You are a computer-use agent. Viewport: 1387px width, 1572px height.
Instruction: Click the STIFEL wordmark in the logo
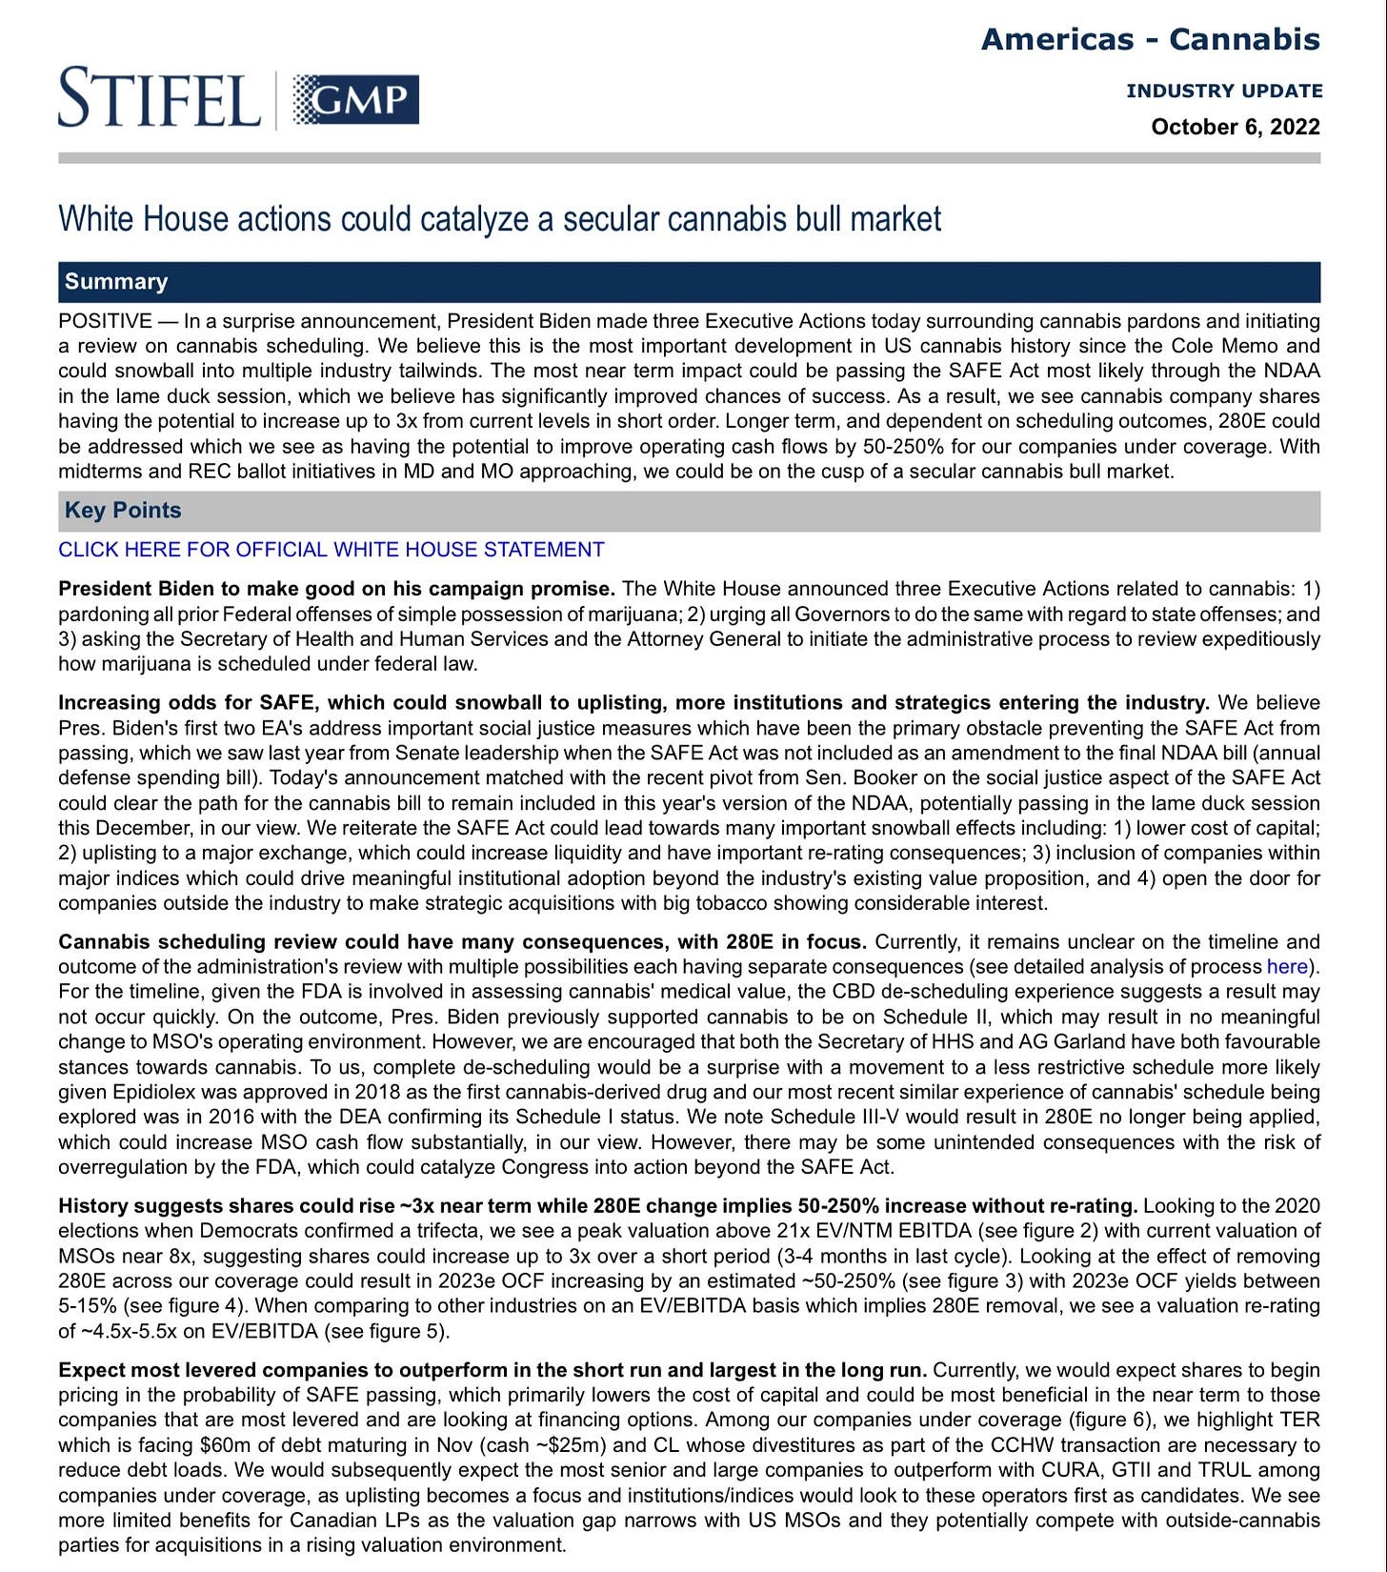coord(159,97)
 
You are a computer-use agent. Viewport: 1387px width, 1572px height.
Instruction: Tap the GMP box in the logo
coord(355,99)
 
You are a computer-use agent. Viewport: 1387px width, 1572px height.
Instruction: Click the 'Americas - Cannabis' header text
coord(1150,39)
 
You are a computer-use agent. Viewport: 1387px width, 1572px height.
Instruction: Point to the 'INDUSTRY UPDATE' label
coord(1223,91)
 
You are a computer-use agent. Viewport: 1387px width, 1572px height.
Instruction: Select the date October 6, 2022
coord(1235,127)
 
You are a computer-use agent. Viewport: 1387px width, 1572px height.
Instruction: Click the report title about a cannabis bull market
coord(499,219)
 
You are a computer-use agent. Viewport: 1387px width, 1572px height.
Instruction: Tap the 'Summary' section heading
coord(116,282)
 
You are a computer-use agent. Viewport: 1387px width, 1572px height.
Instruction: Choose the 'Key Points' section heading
coord(123,511)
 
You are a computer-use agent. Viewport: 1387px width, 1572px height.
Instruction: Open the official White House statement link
coord(331,550)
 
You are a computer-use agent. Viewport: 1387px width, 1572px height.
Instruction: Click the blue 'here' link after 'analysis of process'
coord(1286,967)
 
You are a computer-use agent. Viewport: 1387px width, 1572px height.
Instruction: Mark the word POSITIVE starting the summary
coord(105,321)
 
